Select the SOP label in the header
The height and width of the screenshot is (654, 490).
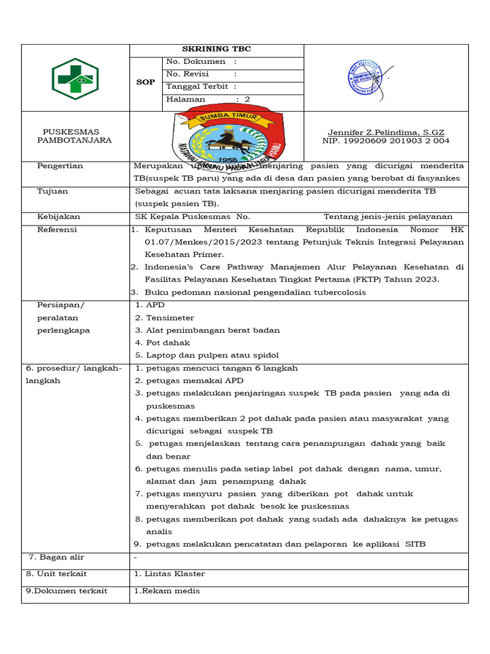click(145, 82)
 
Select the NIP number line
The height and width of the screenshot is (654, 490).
click(385, 141)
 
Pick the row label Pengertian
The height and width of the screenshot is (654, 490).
click(60, 166)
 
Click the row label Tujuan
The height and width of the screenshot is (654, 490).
click(52, 191)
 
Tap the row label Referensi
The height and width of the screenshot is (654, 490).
click(57, 230)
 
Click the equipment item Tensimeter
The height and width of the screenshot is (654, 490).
click(170, 318)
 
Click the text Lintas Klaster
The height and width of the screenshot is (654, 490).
click(173, 574)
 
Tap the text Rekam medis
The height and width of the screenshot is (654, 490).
click(167, 591)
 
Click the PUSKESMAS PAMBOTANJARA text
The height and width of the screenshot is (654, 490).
click(74, 136)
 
